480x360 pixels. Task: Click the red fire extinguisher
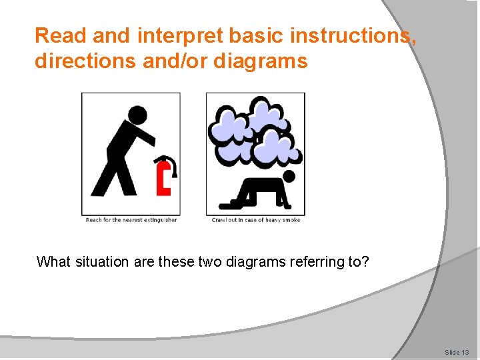click(x=164, y=177)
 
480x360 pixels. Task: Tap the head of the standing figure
click(x=137, y=115)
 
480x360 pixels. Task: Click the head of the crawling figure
click(x=289, y=176)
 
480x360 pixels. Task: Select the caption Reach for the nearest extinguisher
click(x=131, y=220)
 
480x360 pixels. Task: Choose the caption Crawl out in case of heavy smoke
click(x=256, y=220)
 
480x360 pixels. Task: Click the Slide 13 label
click(x=457, y=351)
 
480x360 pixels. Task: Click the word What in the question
click(x=52, y=261)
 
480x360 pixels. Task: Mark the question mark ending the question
click(x=365, y=261)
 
